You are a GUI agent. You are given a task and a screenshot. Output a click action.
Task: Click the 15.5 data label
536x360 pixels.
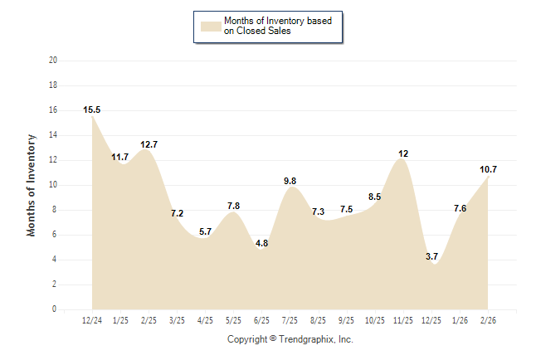point(92,109)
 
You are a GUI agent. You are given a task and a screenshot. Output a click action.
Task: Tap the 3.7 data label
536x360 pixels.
point(431,257)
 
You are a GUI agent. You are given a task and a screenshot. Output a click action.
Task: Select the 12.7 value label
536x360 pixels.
point(149,144)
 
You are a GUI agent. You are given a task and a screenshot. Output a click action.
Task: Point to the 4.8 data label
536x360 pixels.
point(262,244)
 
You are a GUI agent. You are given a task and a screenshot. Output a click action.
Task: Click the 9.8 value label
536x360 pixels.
point(290,181)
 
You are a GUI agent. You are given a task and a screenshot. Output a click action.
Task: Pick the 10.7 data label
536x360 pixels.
point(488,169)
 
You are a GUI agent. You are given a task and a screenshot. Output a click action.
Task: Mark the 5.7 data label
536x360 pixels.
point(206,231)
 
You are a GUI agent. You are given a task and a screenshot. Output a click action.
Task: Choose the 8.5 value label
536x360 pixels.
point(375,197)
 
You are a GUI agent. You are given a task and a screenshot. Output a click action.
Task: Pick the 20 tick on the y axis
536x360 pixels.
point(53,61)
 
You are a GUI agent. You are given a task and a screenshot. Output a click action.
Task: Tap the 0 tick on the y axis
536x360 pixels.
point(55,309)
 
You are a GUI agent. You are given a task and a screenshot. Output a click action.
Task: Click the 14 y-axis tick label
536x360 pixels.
point(53,135)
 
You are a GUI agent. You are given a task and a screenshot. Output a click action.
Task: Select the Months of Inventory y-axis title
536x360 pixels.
point(32,185)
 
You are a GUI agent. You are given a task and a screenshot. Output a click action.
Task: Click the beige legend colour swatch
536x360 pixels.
point(210,26)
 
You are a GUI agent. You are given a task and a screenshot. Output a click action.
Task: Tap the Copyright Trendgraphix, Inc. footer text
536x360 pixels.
point(290,340)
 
